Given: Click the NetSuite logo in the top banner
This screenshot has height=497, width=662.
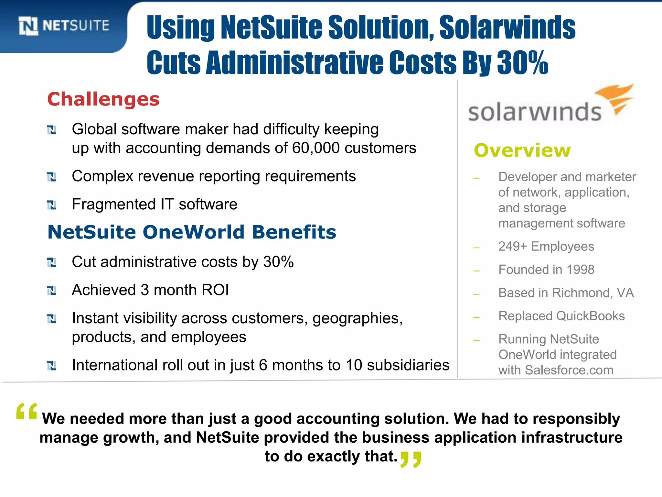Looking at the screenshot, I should [64, 26].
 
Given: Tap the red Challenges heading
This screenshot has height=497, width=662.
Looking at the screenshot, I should [103, 99].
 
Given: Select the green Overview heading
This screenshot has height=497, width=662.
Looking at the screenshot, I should [522, 150].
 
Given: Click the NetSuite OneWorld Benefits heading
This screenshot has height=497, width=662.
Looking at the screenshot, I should [192, 232].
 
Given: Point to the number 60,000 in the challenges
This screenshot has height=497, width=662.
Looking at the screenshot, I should [316, 148].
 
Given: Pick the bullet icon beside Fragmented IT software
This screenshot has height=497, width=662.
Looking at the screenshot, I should [52, 205].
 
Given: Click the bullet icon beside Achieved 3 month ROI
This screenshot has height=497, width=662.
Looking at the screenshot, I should [52, 291].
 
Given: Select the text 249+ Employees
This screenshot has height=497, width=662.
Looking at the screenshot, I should [546, 247].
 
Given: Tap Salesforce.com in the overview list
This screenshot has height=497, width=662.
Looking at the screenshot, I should [569, 370].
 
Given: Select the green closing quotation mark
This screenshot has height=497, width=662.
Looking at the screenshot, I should [411, 459].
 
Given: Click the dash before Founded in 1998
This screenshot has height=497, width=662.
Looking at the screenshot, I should [476, 271].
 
